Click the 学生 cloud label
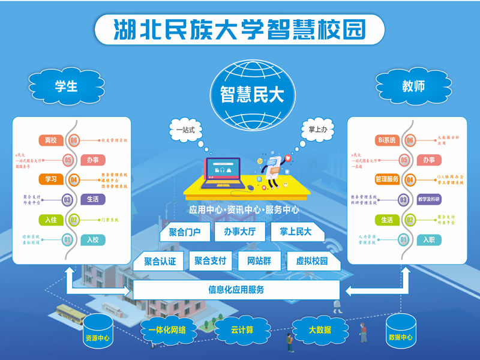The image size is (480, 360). (x=66, y=86)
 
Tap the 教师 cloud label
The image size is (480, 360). (x=413, y=86)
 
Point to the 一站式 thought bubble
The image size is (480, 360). (x=185, y=128)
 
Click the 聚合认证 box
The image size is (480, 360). (x=160, y=261)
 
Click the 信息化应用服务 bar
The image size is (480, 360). (x=236, y=290)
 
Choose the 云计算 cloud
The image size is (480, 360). (x=242, y=329)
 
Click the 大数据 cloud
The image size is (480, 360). (x=320, y=329)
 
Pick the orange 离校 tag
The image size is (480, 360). (x=50, y=140)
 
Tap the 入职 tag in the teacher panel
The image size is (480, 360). (x=428, y=240)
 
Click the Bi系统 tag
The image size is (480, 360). (x=386, y=140)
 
